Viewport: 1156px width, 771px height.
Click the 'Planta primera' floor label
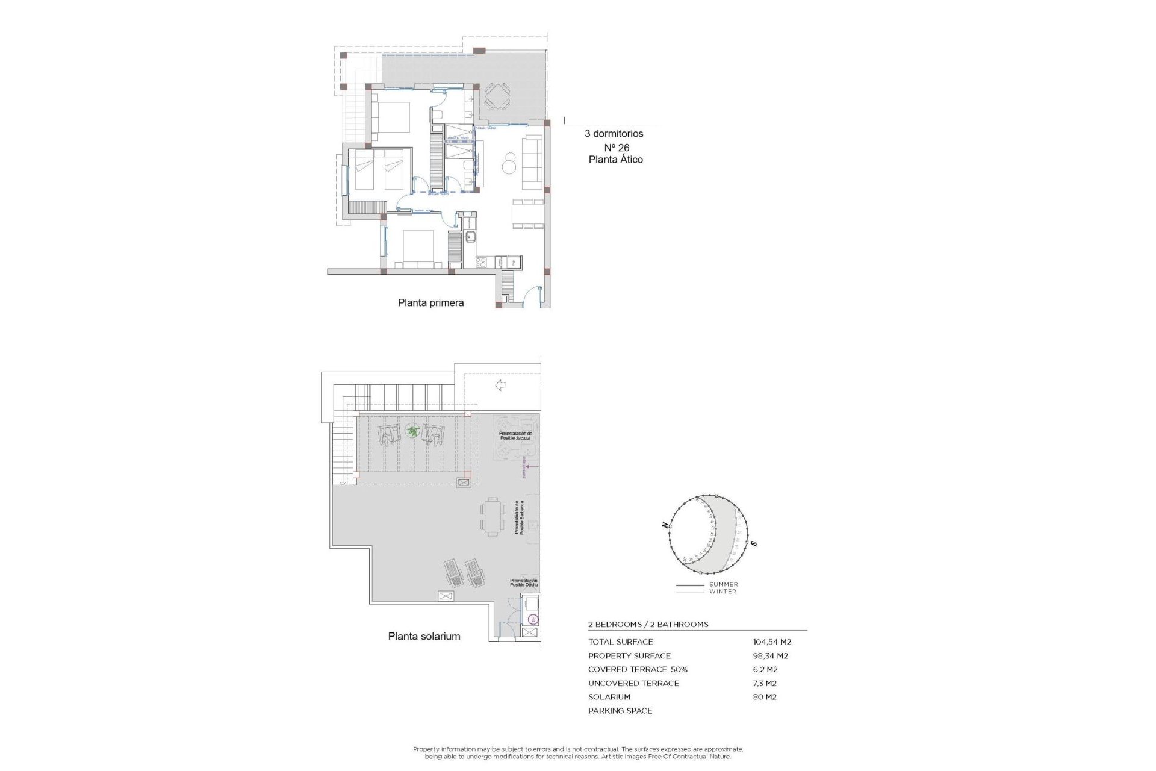click(430, 303)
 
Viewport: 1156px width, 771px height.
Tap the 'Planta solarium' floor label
click(424, 636)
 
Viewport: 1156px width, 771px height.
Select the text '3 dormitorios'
click(614, 134)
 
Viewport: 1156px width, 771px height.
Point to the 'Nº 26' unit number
click(617, 148)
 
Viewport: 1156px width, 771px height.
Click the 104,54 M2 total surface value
click(772, 642)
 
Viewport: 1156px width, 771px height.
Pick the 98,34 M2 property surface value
click(770, 656)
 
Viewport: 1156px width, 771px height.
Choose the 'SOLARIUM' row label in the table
click(609, 697)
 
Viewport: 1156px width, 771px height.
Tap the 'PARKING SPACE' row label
click(620, 711)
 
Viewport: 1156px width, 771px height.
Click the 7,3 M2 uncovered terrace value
click(765, 684)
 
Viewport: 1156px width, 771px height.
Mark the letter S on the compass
click(754, 544)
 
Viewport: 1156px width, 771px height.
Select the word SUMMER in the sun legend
click(723, 584)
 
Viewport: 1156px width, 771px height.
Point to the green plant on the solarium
click(412, 431)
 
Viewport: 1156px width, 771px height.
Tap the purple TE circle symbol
click(532, 619)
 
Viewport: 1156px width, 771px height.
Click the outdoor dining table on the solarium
click(493, 517)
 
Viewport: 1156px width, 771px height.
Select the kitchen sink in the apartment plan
click(470, 237)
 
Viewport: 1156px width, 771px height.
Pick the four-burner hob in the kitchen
click(482, 262)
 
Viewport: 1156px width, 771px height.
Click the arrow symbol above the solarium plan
click(500, 385)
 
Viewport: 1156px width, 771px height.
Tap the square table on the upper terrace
click(497, 96)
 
